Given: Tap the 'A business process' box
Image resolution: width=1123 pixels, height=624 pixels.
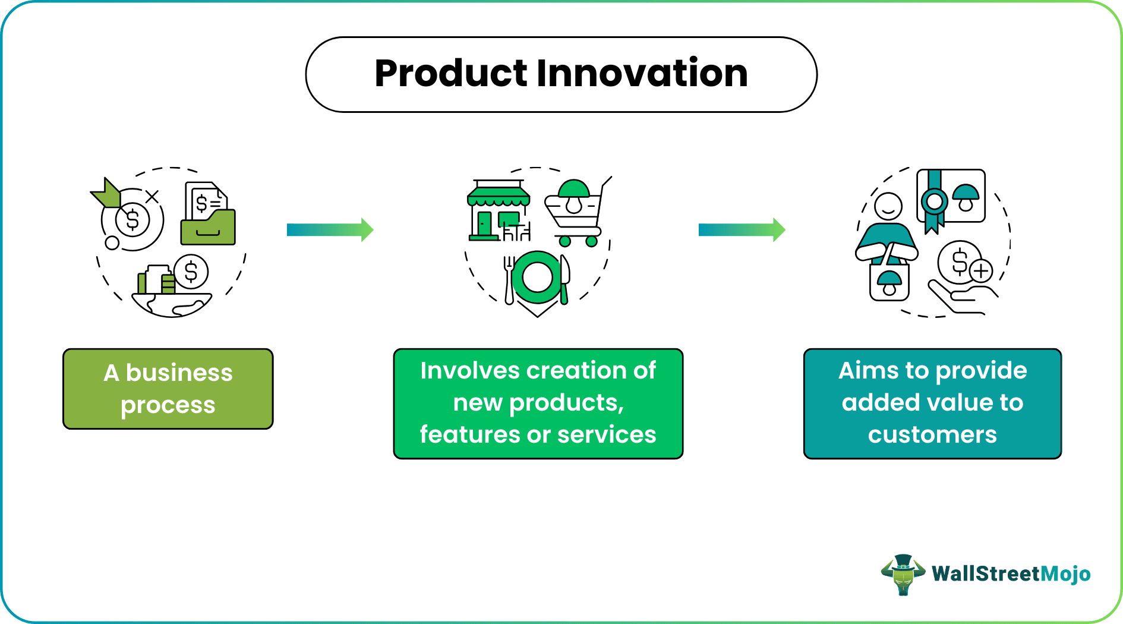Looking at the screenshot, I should (x=168, y=389).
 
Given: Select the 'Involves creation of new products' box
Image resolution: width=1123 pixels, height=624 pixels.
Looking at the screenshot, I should (x=538, y=403).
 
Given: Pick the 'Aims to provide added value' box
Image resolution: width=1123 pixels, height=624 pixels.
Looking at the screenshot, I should (x=932, y=403).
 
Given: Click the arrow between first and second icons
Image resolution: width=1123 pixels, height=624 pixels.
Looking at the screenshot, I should (x=330, y=229).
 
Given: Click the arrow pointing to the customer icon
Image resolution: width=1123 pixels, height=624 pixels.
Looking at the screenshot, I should (x=742, y=229).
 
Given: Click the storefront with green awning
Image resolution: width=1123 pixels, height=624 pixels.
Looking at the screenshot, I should (x=498, y=211).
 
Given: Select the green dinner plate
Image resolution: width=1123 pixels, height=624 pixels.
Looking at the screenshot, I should (x=537, y=278).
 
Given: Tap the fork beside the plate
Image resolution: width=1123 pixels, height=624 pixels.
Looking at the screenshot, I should (x=509, y=279).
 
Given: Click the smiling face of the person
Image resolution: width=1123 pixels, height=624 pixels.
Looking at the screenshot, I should (x=888, y=207).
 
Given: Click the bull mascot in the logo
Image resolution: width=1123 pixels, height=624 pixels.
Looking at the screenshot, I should (x=903, y=574).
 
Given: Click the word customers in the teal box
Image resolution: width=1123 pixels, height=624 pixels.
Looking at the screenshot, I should (x=932, y=435).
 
